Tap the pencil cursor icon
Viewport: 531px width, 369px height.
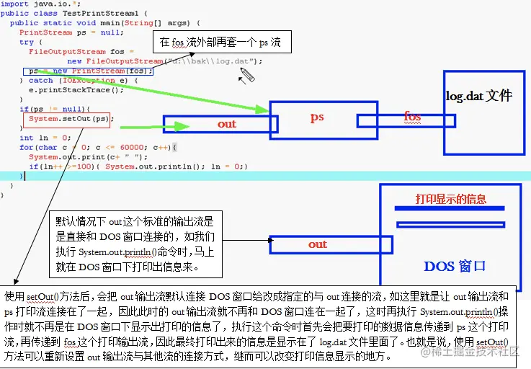[247, 74]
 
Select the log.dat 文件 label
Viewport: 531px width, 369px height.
[478, 96]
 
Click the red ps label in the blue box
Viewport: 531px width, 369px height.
[317, 117]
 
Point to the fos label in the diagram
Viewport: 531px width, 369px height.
[412, 116]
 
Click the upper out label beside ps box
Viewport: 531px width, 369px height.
[227, 124]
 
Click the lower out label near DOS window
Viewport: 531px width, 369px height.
[318, 244]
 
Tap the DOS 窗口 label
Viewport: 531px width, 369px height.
[454, 267]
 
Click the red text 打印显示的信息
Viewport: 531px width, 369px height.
[450, 199]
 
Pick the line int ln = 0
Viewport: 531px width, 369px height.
[44, 138]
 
